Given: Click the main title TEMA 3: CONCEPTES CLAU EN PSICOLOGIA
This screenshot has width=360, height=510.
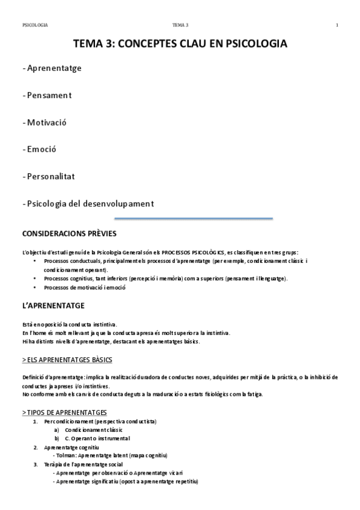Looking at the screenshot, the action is pos(180,44).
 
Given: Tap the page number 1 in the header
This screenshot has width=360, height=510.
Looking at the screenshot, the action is pos(337,25).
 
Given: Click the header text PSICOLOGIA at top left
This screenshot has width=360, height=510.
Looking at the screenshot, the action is pos(35,25).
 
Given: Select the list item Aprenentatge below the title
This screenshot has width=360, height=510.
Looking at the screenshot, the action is pos(52,68).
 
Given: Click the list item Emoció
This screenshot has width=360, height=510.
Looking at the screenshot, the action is pos(41,149).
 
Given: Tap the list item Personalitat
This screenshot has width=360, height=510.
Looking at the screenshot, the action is pos(49,176).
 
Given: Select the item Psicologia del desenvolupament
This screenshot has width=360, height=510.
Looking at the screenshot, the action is pos(88,203).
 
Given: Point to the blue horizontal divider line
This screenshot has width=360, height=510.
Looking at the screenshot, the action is pos(194,218).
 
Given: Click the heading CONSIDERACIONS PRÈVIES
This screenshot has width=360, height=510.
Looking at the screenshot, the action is pos(69,233).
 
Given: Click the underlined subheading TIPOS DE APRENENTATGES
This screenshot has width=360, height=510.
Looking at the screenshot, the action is pos(65,413).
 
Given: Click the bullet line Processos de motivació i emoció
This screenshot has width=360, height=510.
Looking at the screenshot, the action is pos(85,287).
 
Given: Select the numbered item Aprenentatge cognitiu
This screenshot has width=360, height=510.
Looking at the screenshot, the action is pos(72,447).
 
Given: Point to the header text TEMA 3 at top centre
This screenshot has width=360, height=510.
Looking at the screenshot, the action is pos(180,25).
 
